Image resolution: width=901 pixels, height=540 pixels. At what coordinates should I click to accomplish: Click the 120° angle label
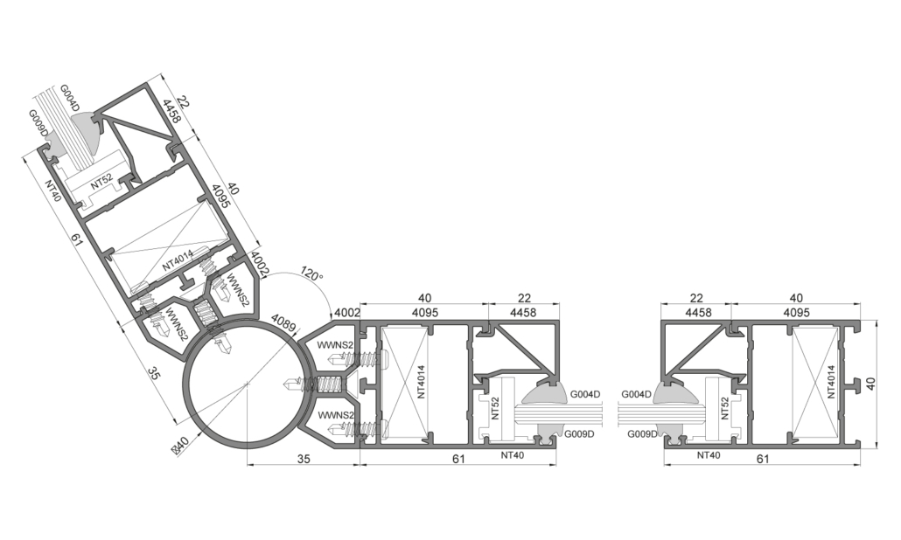[312, 273]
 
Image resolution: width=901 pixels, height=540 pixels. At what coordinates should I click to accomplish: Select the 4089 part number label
[283, 323]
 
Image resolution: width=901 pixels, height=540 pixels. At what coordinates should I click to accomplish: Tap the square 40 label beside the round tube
[181, 445]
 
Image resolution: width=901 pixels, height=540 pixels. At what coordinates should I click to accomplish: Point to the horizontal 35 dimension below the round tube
[304, 459]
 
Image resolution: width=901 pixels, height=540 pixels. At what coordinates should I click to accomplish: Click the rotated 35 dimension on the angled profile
[154, 373]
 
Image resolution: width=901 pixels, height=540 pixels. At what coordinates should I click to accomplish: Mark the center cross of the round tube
[247, 383]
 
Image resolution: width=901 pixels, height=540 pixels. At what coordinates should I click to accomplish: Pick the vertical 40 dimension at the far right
[871, 384]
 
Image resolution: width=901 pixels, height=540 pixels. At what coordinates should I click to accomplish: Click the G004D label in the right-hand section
[637, 394]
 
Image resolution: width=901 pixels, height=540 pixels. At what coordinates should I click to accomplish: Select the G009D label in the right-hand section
[642, 434]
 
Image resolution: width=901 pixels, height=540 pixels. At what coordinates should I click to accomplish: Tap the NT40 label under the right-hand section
[709, 455]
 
